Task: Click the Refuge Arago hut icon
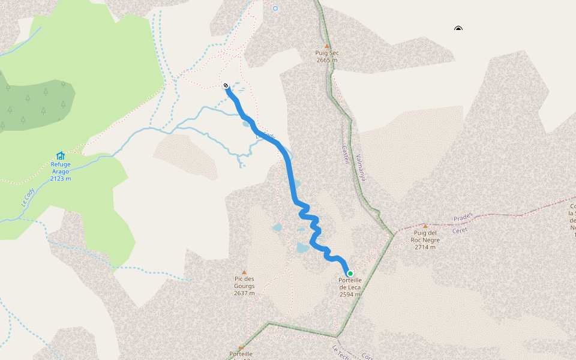[x=60, y=155]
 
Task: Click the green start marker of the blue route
[x=350, y=274]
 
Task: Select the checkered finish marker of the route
[x=226, y=85]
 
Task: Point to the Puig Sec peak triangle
[x=327, y=46]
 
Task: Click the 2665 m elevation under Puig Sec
[x=327, y=60]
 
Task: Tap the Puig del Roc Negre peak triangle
[x=425, y=226]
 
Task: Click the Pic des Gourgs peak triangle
[x=244, y=272]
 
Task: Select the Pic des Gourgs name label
[x=244, y=282]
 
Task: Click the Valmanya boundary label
[x=360, y=168]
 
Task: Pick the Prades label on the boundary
[x=463, y=216]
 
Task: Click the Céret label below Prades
[x=460, y=229]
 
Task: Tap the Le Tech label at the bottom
[x=340, y=350]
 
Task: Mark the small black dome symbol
[x=458, y=28]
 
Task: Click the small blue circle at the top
[x=275, y=8]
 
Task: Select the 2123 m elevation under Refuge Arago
[x=61, y=178]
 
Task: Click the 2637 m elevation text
[x=244, y=293]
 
